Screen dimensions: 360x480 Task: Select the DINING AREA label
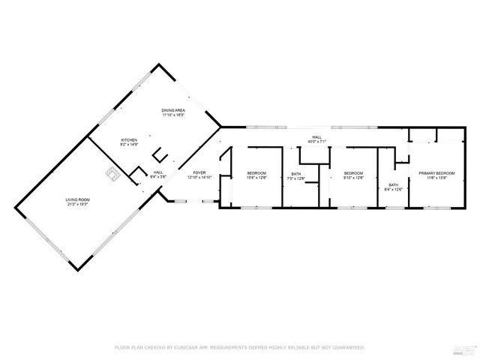tap(173, 110)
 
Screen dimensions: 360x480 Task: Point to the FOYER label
tap(200, 172)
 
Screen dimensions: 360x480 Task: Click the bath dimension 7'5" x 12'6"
tap(295, 178)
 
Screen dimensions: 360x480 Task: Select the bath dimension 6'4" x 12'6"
tap(394, 189)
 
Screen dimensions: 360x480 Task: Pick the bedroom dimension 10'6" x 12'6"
tap(257, 178)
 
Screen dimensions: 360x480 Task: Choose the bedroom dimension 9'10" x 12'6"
tap(353, 178)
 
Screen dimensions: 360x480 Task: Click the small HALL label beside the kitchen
tap(158, 172)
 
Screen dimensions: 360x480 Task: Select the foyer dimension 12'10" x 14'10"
tap(200, 177)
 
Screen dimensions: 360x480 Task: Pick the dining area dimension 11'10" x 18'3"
tap(173, 115)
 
